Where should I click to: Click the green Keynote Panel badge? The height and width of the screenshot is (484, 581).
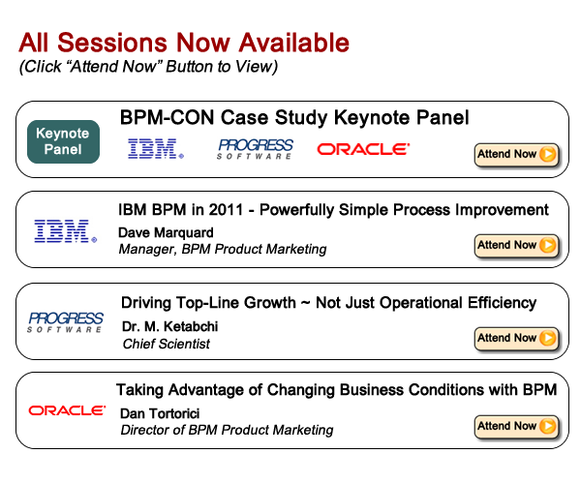point(63,141)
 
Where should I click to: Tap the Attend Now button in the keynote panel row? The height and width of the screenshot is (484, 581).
point(517,154)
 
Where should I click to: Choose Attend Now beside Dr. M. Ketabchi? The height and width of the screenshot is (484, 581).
point(517,338)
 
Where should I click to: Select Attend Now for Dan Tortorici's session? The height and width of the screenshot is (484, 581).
point(517,426)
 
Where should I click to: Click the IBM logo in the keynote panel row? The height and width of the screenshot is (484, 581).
point(156,149)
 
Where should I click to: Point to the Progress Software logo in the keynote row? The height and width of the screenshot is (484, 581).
point(255,149)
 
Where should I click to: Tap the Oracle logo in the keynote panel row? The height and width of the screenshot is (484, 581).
point(363,149)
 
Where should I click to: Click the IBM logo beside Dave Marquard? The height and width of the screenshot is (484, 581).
point(65,231)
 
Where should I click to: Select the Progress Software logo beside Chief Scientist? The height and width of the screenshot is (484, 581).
point(65,322)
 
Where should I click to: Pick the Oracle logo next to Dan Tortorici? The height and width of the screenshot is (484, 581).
point(67,410)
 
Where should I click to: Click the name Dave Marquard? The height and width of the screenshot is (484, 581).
point(166,233)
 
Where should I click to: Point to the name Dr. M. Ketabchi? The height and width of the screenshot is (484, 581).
point(169,326)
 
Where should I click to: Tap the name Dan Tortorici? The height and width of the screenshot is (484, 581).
point(160,413)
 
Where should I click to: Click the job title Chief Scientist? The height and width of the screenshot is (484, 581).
point(167,344)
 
